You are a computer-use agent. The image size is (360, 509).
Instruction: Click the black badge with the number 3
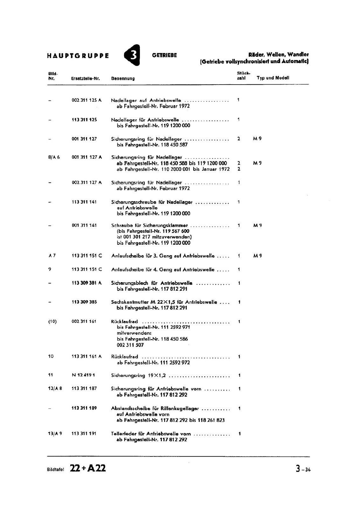[x=132, y=55]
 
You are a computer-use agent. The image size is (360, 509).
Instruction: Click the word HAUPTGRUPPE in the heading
[x=78, y=56]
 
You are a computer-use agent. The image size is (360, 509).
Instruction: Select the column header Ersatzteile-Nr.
[x=86, y=78]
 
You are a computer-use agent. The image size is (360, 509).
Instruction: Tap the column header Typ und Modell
[x=273, y=78]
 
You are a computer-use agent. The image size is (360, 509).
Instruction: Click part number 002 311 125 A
[x=87, y=100]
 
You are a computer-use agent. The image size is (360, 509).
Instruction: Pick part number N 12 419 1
[x=83, y=375]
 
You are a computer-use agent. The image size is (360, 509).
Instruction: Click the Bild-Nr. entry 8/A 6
[x=54, y=157]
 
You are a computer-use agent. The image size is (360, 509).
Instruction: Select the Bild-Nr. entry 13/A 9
[x=55, y=434]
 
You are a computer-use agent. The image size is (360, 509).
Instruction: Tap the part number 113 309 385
[x=84, y=302]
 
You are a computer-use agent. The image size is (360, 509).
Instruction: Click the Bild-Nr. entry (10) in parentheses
[x=52, y=322]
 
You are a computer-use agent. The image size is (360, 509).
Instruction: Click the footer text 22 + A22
[x=88, y=468]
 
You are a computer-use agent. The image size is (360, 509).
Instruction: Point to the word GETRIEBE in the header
[x=164, y=55]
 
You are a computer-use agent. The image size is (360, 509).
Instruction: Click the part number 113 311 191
[x=84, y=434]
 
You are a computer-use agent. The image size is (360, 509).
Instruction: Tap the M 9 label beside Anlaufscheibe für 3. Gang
[x=257, y=256]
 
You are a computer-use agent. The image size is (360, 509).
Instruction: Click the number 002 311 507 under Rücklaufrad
[x=130, y=345]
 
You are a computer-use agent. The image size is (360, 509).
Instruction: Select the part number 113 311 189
[x=84, y=408]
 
